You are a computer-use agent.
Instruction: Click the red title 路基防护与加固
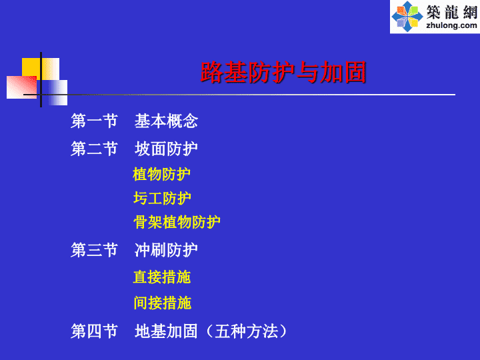point(283,72)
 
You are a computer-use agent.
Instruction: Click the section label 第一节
point(94,121)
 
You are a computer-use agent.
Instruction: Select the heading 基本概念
point(166,121)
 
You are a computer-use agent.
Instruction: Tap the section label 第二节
point(94,149)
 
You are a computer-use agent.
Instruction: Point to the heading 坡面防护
point(166,149)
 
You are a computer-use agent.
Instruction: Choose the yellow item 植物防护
point(161,174)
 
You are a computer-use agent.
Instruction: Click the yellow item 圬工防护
point(162,198)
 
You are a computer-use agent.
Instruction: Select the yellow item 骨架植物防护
point(177,222)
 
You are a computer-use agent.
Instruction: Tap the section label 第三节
point(94,250)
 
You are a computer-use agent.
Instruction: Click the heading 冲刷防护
point(166,250)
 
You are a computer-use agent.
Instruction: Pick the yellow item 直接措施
point(162,277)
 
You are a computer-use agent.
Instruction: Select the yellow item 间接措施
point(163,303)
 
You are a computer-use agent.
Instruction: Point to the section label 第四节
point(94,331)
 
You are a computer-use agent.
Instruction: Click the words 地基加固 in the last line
point(166,331)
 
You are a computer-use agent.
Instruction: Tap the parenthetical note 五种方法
point(247,331)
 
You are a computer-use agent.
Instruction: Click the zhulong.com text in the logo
point(451,25)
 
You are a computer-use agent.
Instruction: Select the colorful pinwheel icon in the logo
point(407,17)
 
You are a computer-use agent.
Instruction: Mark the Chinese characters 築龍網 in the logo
point(452,12)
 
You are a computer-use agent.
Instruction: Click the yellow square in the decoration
point(31,67)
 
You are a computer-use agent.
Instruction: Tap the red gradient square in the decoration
point(22,87)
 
